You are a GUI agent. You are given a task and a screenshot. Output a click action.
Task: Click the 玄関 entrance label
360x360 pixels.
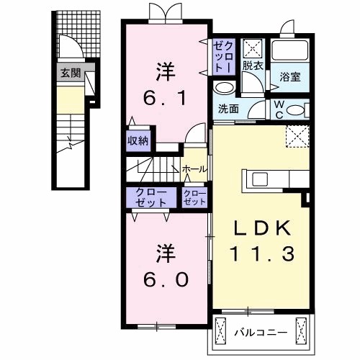tap(71, 72)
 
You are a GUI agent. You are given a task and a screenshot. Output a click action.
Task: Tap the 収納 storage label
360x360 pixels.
tap(138, 140)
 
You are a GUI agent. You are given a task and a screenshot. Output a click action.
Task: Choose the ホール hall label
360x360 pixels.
tap(195, 169)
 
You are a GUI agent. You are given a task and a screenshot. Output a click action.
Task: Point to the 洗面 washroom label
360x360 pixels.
tap(229, 109)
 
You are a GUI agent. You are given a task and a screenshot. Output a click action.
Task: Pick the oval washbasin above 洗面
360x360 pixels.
tap(225, 88)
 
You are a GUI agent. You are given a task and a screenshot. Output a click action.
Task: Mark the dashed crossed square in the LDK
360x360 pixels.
tap(297, 136)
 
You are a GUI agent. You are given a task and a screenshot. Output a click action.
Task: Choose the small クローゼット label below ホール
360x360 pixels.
tap(195, 197)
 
